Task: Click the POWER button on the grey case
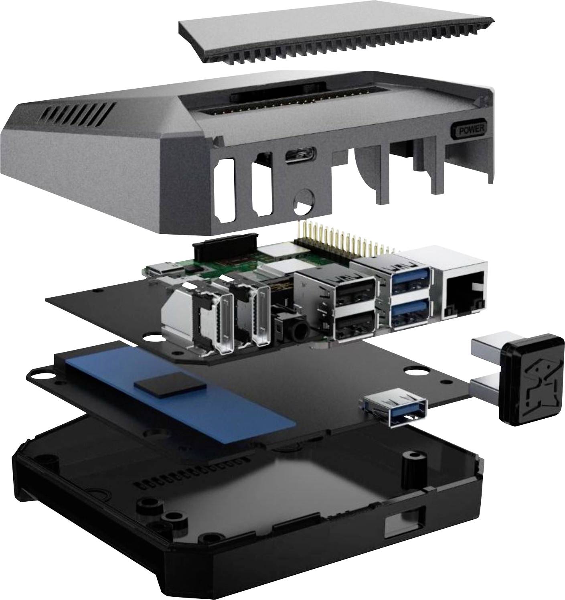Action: tap(469, 130)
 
